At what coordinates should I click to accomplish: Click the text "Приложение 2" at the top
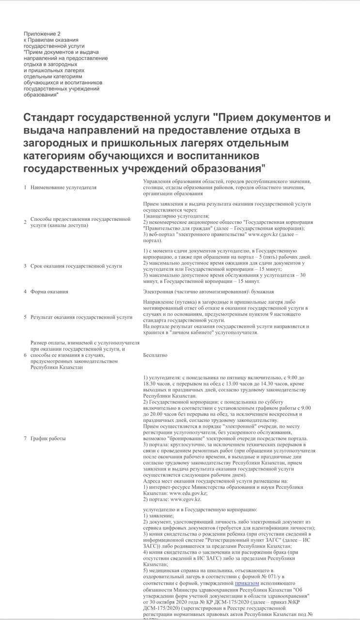(42, 34)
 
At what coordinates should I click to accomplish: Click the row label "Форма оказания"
(49, 292)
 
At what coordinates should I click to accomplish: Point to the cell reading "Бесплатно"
(155, 355)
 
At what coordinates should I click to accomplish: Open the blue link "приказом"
(247, 584)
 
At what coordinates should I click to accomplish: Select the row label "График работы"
(48, 438)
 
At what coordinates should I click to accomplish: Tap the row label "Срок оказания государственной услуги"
(76, 266)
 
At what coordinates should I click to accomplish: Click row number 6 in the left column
(25, 355)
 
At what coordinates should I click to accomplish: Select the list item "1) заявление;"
(158, 516)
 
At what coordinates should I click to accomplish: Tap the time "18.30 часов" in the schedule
(158, 384)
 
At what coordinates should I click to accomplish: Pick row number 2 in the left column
(25, 222)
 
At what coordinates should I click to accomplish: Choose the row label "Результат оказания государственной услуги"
(81, 317)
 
